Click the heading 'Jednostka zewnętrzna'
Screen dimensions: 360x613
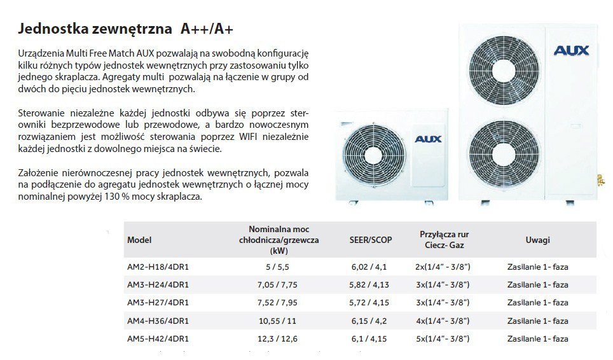[96, 29]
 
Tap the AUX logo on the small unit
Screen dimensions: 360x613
[428, 139]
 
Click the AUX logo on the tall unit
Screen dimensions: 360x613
[572, 50]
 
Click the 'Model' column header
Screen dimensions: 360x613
[140, 240]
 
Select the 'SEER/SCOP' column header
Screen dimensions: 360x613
[371, 240]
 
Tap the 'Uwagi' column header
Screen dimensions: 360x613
[537, 240]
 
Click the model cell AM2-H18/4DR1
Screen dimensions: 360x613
[158, 267]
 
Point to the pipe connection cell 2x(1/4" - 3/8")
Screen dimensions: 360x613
[444, 267]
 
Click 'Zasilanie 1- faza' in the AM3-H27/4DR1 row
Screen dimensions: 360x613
[537, 303]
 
